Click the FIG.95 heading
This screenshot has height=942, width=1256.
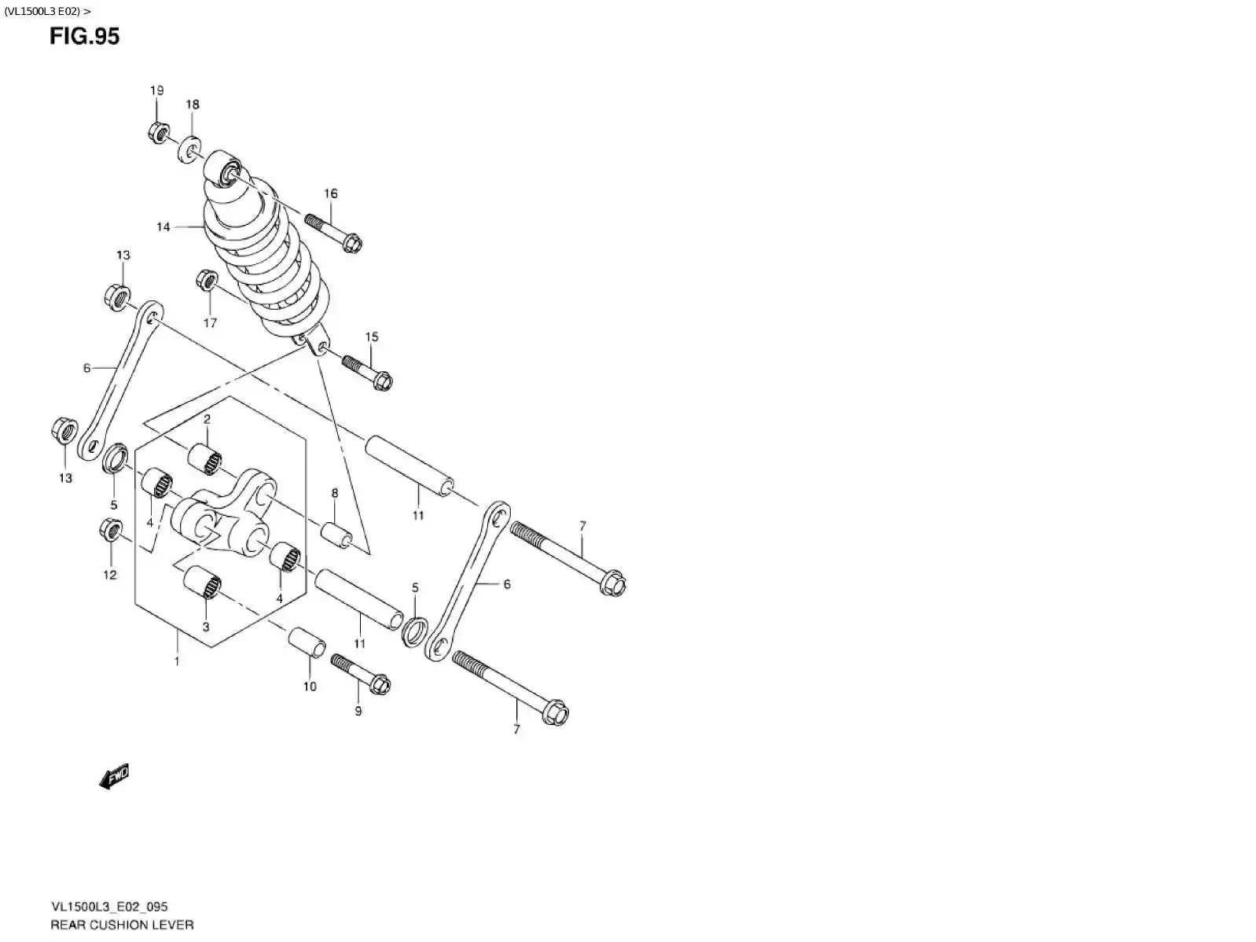[85, 36]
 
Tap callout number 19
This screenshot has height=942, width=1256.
[156, 90]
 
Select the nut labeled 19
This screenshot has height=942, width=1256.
[157, 132]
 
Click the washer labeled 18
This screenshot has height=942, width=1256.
[190, 149]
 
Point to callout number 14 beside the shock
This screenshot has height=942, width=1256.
[163, 227]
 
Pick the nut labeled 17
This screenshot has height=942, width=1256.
[207, 281]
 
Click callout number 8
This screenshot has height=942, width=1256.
[334, 493]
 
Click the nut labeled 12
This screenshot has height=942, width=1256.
[111, 530]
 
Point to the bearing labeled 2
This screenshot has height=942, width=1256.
[204, 460]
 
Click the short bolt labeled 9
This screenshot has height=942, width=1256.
[362, 675]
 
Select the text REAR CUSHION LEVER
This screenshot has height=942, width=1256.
[122, 925]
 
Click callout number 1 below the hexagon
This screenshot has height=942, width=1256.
[177, 661]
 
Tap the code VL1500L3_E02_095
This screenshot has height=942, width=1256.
[109, 907]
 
